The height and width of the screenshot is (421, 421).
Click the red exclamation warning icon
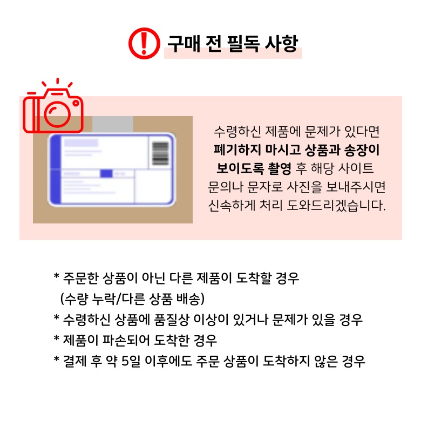[144, 43]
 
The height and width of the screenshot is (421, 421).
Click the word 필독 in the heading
[243, 44]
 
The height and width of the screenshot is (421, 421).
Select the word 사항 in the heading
[281, 44]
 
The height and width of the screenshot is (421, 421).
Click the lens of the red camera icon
[57, 114]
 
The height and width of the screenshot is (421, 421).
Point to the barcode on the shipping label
[160, 153]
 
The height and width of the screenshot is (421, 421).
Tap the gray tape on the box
[113, 124]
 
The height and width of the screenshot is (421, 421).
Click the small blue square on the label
[106, 173]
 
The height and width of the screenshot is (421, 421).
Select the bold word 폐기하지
[237, 150]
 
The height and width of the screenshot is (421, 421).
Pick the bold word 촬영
[280, 168]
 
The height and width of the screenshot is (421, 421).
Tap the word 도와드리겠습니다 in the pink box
[336, 206]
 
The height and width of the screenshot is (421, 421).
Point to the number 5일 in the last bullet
[131, 361]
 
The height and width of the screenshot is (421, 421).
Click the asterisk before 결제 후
[56, 358]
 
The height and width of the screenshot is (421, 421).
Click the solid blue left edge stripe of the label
[55, 169]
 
